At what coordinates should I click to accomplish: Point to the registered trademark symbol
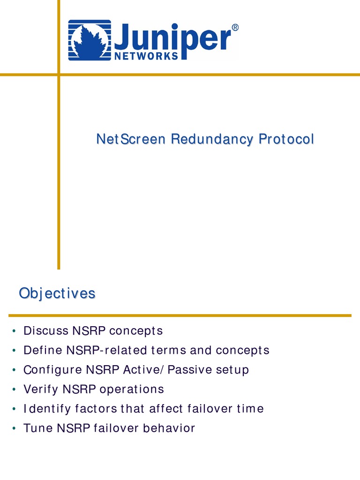point(235,28)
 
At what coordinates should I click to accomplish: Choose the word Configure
point(53,370)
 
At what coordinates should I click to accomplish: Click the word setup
point(232,370)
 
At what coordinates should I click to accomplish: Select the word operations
point(136,390)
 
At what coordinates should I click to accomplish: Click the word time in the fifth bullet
point(250,409)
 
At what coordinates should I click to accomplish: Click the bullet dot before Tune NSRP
point(15,428)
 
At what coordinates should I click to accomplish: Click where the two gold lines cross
point(59,74)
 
